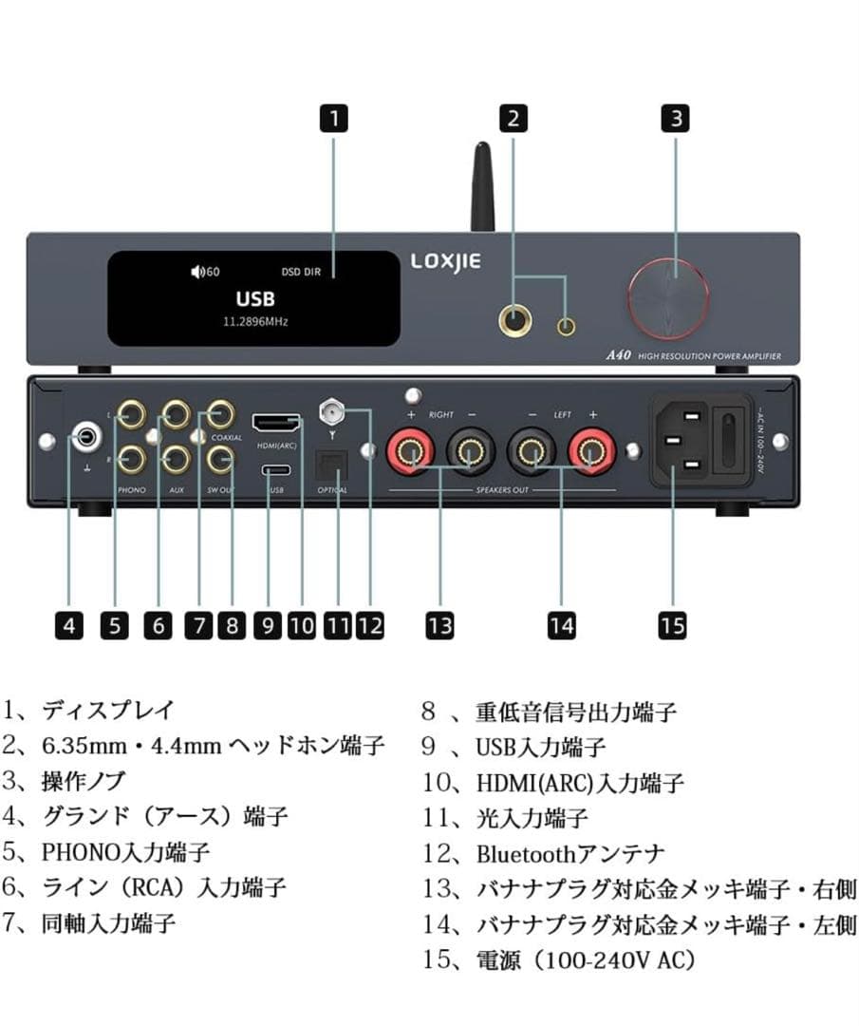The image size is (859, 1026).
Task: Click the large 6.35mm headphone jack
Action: (515, 324)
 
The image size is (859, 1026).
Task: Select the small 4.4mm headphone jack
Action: (567, 327)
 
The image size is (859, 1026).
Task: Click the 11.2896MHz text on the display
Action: (255, 322)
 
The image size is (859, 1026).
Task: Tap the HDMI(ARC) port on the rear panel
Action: (276, 423)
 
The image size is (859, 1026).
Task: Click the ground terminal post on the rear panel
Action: (86, 438)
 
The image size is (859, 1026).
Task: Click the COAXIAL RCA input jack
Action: (221, 414)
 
